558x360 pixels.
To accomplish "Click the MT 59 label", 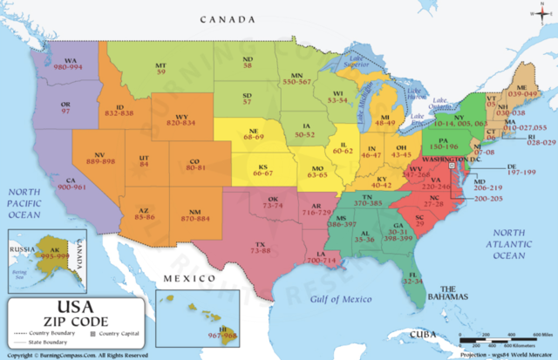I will (x=160, y=69).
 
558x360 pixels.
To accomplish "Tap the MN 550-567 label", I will (x=301, y=75).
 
